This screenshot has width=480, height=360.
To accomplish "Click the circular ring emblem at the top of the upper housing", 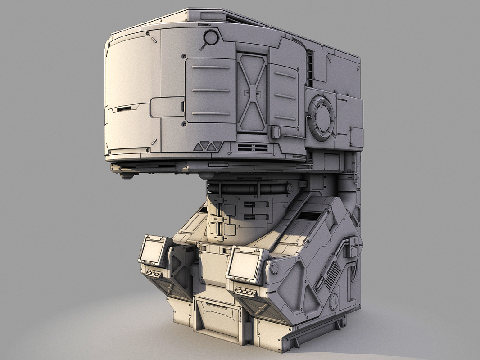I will coord(210,37).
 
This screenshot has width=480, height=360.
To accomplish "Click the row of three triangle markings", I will coord(208,146).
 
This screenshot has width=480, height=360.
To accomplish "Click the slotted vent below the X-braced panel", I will coord(253,148).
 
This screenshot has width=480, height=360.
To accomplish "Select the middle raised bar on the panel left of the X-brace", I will coord(211,90).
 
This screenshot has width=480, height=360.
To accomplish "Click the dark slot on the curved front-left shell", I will coord(122,109).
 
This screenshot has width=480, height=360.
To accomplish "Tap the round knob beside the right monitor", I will coord(274,269).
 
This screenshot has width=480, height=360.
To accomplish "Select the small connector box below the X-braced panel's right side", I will coord(275,132).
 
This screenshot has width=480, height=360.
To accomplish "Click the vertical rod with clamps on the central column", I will coord(220,218).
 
